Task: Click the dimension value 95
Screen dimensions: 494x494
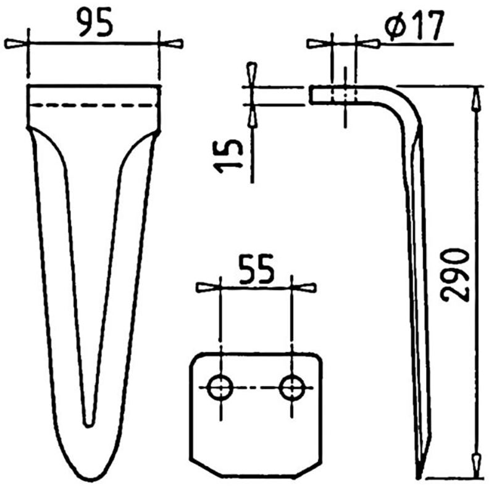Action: (x=94, y=23)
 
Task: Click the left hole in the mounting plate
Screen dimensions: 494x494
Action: (x=219, y=388)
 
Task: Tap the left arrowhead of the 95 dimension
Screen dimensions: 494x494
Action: (x=16, y=44)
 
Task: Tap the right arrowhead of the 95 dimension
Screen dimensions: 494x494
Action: (x=171, y=44)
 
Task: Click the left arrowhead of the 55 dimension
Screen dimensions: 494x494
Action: (x=207, y=288)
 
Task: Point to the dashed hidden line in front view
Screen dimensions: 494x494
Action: (x=93, y=106)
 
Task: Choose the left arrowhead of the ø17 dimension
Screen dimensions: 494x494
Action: (x=320, y=44)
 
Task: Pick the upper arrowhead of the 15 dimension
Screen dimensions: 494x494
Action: (x=251, y=73)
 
